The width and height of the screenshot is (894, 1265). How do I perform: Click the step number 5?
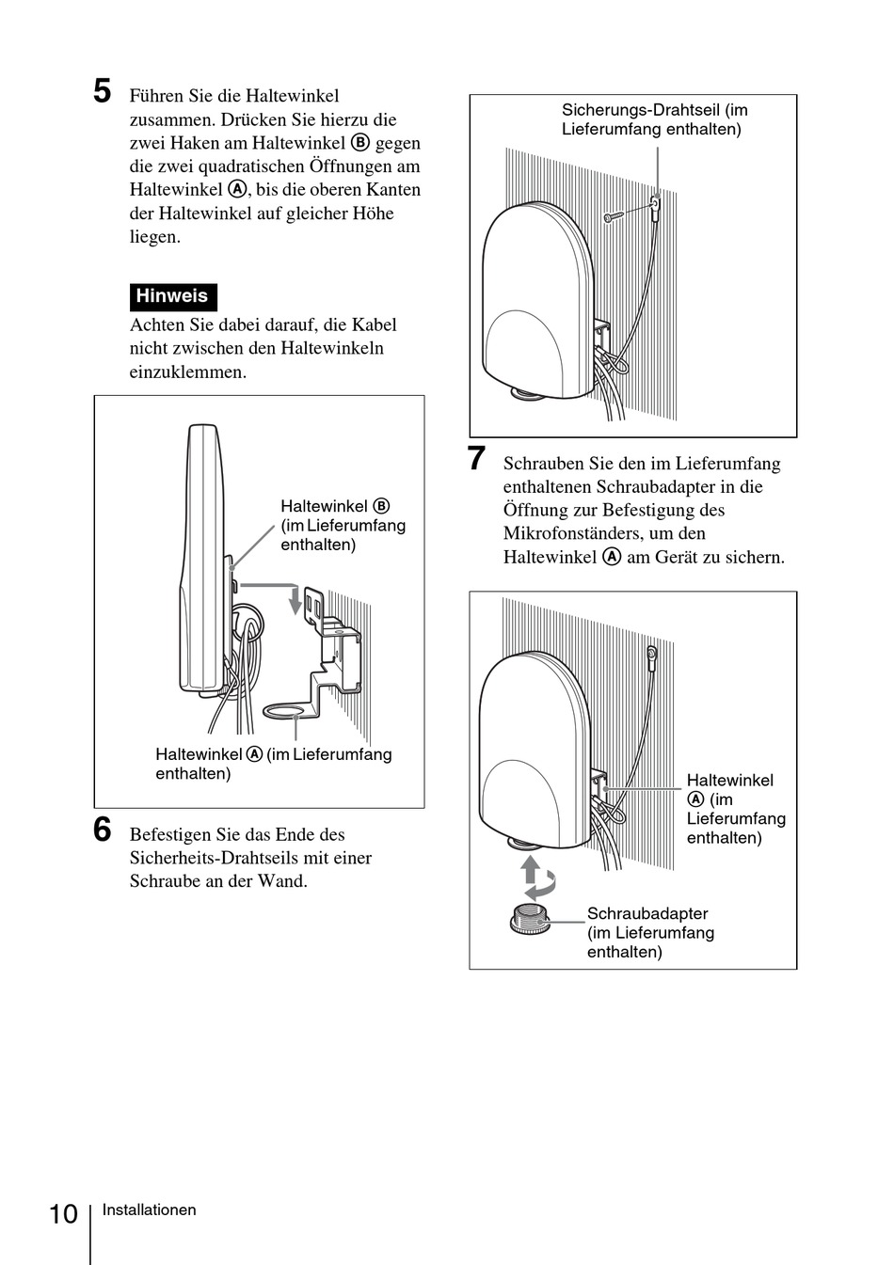click(103, 91)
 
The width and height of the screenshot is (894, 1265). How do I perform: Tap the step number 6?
click(103, 830)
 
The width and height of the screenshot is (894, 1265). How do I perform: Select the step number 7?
click(476, 458)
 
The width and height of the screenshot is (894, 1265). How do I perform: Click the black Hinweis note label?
click(173, 297)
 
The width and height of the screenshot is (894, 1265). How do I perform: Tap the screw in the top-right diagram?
click(614, 216)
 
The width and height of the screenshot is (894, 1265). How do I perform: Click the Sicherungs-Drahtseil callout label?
click(654, 119)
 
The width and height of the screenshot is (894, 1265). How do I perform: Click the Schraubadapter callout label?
click(650, 932)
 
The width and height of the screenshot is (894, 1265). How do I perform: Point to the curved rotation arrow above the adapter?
click(541, 885)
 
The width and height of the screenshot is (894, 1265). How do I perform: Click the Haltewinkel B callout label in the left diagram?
click(343, 525)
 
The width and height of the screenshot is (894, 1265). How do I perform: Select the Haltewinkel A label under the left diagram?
click(274, 764)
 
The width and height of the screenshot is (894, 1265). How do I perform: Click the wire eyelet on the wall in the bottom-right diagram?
click(651, 654)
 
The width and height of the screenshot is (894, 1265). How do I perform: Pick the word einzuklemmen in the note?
click(188, 372)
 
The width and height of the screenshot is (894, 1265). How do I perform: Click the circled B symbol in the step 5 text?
click(360, 143)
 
